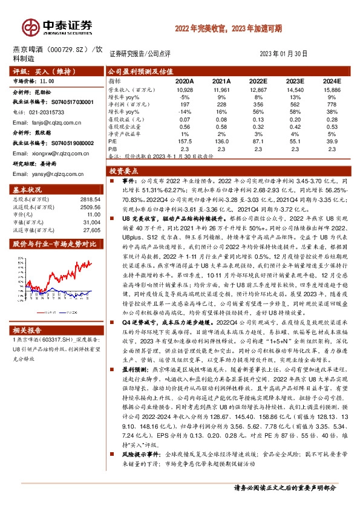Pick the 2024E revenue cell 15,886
(332, 89)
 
